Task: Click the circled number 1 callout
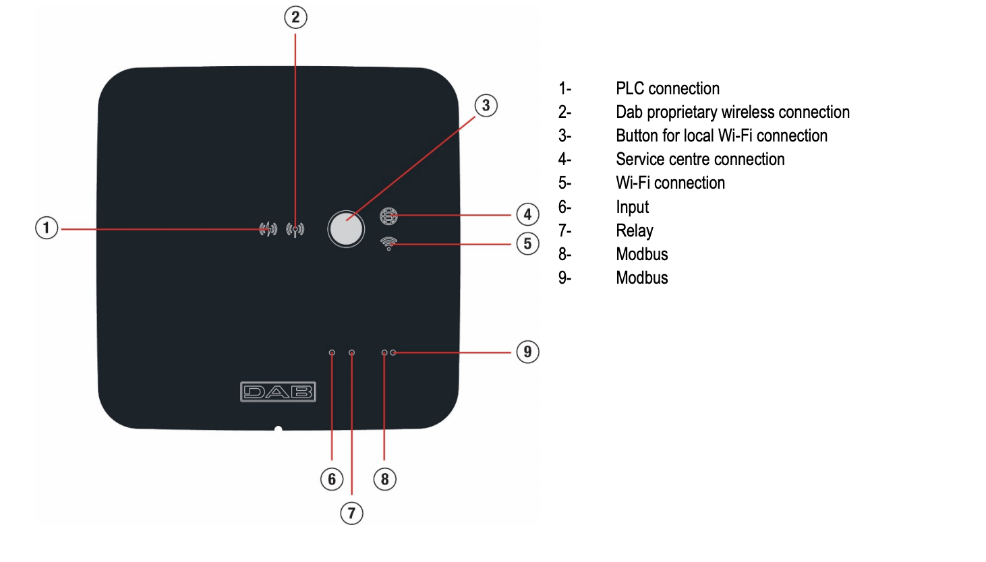(47, 228)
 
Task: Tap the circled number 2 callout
(295, 18)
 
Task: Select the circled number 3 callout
(486, 106)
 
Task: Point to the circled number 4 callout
(527, 215)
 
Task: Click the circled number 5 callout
(527, 244)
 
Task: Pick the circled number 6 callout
(332, 479)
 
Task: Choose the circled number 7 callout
(351, 513)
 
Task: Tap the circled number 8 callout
(384, 479)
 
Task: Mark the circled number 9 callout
(527, 352)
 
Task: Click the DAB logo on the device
(278, 392)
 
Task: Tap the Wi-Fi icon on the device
(388, 243)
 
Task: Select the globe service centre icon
(388, 216)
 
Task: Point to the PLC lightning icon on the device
(268, 229)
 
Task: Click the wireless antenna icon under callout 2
(295, 230)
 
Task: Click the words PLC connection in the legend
(667, 89)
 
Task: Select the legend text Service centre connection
(700, 160)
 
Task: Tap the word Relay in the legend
(634, 231)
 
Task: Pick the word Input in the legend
(632, 208)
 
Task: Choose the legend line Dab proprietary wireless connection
(732, 113)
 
